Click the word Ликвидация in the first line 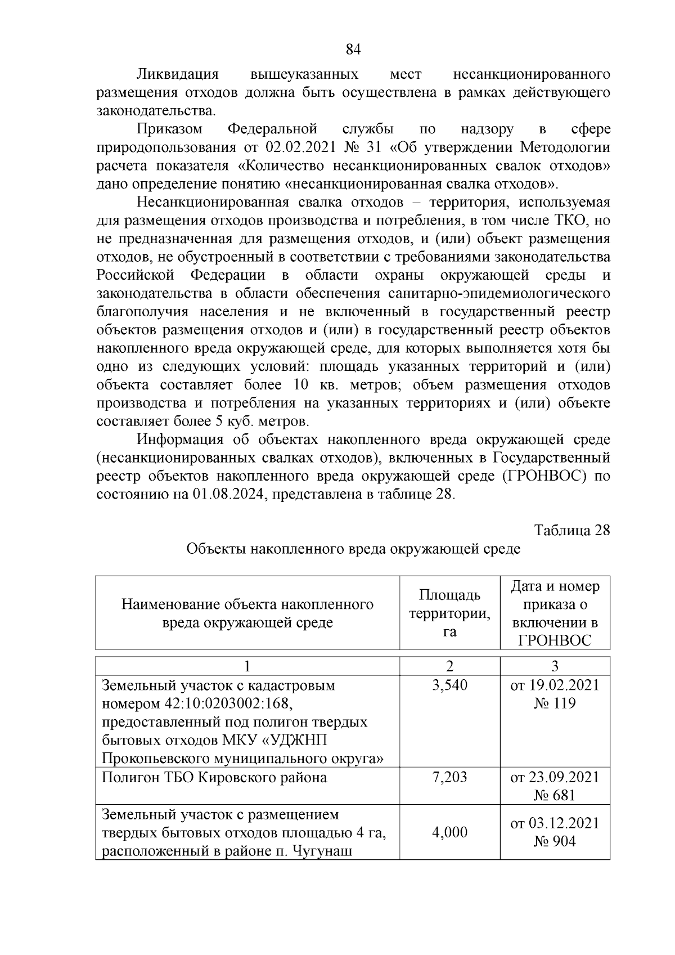click(177, 74)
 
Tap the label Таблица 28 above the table click(572, 531)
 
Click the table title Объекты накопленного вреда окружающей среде click(353, 549)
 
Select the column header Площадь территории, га click(449, 613)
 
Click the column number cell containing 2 click(449, 666)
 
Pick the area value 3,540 click(449, 685)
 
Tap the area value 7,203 click(449, 778)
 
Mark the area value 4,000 click(449, 832)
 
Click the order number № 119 click(555, 703)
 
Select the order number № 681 click(555, 796)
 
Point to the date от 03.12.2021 click(555, 823)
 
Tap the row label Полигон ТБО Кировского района click(214, 778)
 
